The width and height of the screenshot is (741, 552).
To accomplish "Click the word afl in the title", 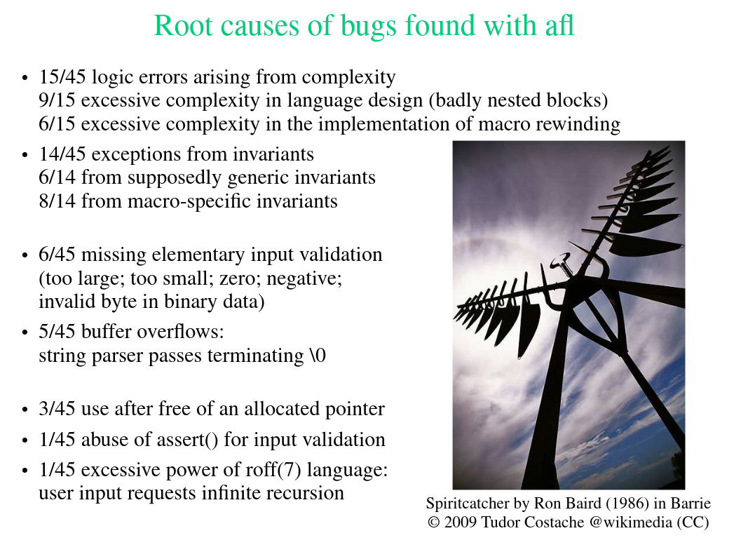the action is (559, 25).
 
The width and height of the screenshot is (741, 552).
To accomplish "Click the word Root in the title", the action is (183, 25).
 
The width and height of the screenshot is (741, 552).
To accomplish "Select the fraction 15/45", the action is (62, 76).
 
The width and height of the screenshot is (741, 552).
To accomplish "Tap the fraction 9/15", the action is (57, 100).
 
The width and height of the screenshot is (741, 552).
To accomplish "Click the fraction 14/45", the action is (62, 154).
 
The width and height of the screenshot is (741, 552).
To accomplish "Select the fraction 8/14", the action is (57, 201).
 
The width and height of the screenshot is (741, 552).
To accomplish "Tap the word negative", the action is (304, 278).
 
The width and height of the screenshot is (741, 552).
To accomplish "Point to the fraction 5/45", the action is (57, 332).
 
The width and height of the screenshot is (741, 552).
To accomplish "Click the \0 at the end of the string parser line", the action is (318, 355).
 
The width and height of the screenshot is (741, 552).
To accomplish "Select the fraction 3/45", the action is (57, 409).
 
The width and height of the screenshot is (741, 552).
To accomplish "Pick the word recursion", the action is (306, 493).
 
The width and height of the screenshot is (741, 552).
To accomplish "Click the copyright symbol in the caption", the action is (434, 523).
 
